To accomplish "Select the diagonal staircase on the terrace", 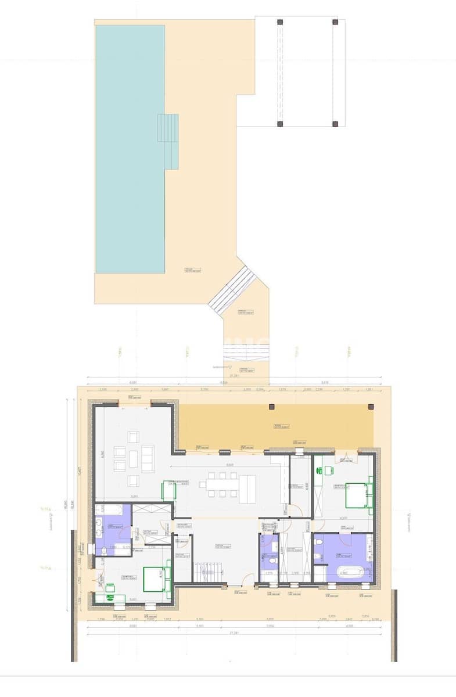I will coord(232,290).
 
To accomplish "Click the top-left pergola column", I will coord(280,22).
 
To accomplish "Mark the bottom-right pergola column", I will coord(335,123).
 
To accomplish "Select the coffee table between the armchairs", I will coord(134,459).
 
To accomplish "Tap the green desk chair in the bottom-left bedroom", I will coord(110,588).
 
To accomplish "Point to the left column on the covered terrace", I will coord(270,407).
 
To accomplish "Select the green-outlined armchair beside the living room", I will coord(168,491).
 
